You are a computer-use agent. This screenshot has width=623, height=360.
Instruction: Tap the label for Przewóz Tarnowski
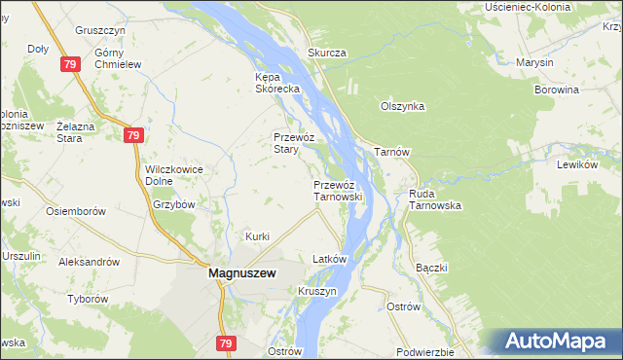click(x=338, y=190)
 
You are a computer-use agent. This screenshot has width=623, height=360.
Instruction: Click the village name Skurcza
click(x=327, y=53)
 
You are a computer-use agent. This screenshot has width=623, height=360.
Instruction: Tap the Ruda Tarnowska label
click(x=434, y=199)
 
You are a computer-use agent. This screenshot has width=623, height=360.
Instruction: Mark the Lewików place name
click(x=575, y=164)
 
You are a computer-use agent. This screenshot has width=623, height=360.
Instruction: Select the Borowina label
click(x=557, y=90)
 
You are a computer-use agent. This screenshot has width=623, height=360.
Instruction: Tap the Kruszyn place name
click(x=317, y=291)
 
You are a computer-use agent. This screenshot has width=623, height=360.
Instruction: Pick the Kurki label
click(x=257, y=236)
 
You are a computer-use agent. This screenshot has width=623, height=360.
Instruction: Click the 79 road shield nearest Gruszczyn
click(x=68, y=64)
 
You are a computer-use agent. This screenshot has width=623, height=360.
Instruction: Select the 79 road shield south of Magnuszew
click(x=226, y=343)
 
